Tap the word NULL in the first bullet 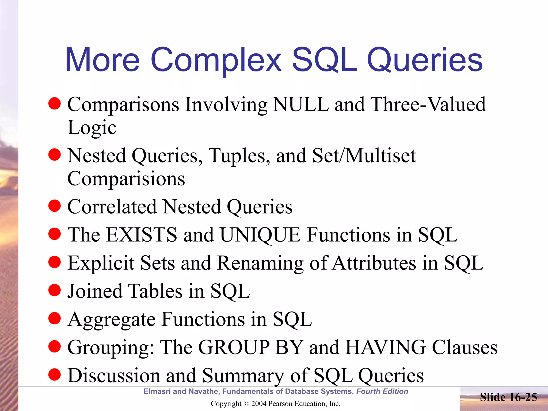[301, 104]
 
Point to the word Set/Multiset [364, 156]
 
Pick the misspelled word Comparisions [126, 179]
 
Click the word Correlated [112, 207]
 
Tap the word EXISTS [142, 235]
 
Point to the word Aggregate [111, 319]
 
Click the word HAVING [385, 347]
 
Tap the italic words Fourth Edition [382, 391]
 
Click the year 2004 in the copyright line [259, 404]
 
